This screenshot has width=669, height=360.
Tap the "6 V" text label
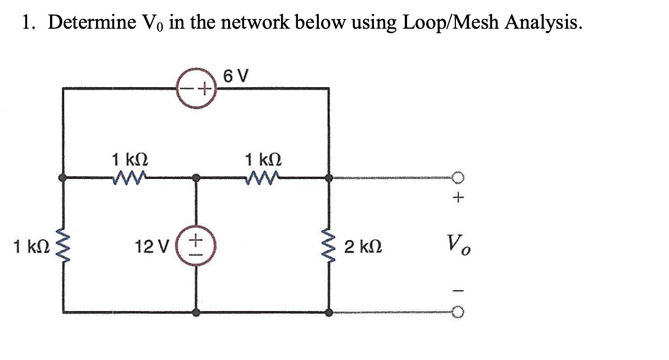[237, 75]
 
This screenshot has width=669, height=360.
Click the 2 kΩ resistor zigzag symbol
[329, 245]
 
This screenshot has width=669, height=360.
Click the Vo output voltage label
[459, 245]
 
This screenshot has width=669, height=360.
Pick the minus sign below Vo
[459, 290]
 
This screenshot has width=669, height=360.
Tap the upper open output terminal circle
[459, 178]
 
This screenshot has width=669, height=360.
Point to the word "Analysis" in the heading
[540, 22]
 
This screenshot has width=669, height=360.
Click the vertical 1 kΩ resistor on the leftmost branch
[63, 245]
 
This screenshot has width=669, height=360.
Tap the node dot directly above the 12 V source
[196, 178]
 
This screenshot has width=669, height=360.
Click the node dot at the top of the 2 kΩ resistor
[329, 178]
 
